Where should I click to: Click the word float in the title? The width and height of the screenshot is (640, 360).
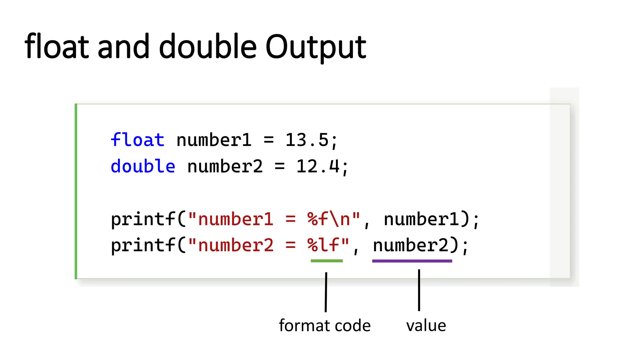pyautogui.click(x=57, y=47)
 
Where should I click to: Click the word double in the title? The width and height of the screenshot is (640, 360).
pyautogui.click(x=208, y=47)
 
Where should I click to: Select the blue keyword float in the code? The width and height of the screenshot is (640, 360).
pyautogui.click(x=137, y=140)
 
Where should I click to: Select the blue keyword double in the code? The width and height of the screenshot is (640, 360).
pyautogui.click(x=143, y=166)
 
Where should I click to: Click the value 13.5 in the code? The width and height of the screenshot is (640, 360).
pyautogui.click(x=307, y=140)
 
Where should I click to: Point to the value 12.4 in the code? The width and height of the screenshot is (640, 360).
pyautogui.click(x=318, y=166)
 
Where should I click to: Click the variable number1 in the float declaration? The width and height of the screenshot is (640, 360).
pyautogui.click(x=214, y=140)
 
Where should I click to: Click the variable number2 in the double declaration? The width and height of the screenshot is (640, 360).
pyautogui.click(x=225, y=166)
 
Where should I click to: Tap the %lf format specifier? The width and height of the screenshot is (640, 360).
pyautogui.click(x=323, y=245)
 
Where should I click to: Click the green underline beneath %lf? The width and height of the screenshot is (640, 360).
pyautogui.click(x=327, y=261)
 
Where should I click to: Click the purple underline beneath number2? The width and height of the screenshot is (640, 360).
pyautogui.click(x=412, y=261)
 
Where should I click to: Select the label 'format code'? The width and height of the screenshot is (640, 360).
pyautogui.click(x=325, y=326)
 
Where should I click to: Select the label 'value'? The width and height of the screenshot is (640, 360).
pyautogui.click(x=426, y=326)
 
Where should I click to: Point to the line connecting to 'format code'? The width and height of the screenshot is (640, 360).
pyautogui.click(x=326, y=292)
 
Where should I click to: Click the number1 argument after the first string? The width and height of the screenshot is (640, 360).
pyautogui.click(x=422, y=219)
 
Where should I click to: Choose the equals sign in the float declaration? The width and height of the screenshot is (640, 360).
pyautogui.click(x=269, y=140)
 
